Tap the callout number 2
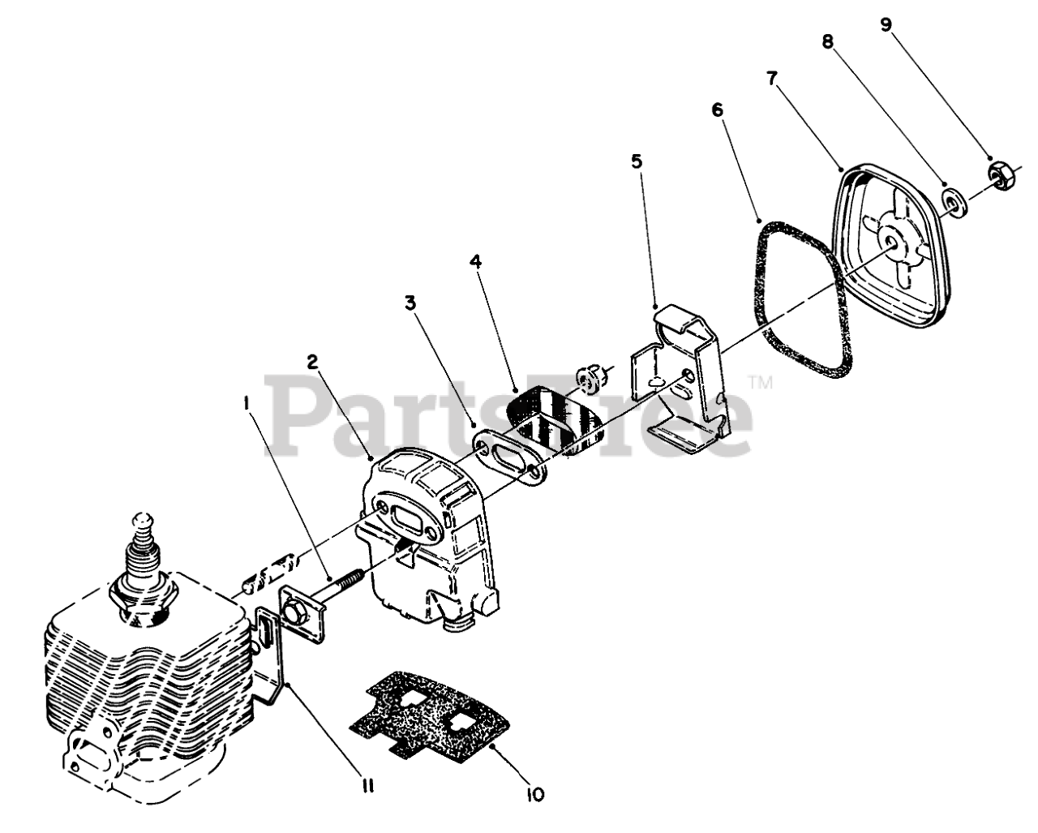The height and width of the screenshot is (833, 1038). pyautogui.click(x=313, y=362)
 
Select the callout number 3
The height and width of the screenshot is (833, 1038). pyautogui.click(x=410, y=303)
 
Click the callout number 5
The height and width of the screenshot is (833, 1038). pyautogui.click(x=637, y=161)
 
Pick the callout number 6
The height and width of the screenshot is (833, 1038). pyautogui.click(x=717, y=110)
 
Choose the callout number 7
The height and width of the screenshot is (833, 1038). pyautogui.click(x=772, y=78)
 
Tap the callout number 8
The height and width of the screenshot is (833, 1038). pyautogui.click(x=827, y=42)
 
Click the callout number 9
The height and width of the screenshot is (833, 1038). pyautogui.click(x=886, y=24)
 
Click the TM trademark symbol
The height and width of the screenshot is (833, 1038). pyautogui.click(x=761, y=384)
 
